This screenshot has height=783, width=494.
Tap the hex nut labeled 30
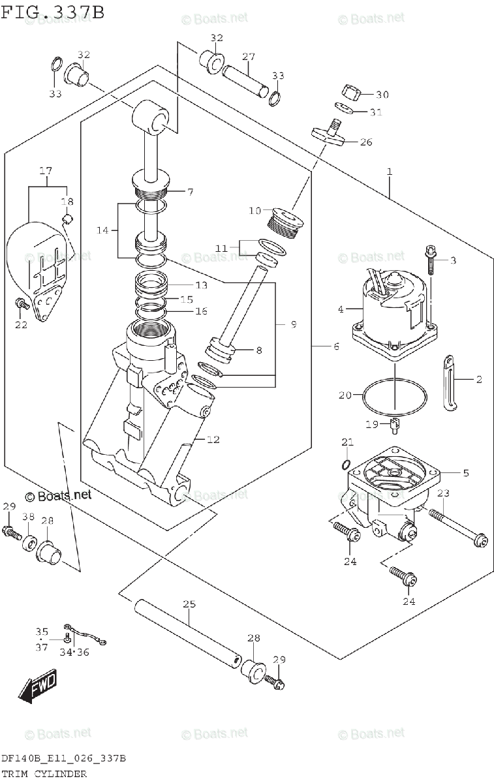(x=350, y=94)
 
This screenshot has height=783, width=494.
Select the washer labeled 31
(x=344, y=108)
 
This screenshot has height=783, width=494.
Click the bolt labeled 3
(x=431, y=260)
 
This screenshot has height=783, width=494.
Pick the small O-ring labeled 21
(x=345, y=465)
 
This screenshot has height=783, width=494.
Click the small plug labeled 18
(x=67, y=219)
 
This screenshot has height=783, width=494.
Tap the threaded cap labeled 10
(x=285, y=223)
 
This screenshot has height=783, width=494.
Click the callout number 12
(x=213, y=439)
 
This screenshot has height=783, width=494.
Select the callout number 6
(x=336, y=346)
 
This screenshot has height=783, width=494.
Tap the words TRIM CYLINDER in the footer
(x=44, y=774)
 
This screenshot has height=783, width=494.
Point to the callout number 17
(x=46, y=170)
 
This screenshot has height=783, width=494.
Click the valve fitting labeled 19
(x=394, y=425)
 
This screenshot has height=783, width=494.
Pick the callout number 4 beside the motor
(x=341, y=309)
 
